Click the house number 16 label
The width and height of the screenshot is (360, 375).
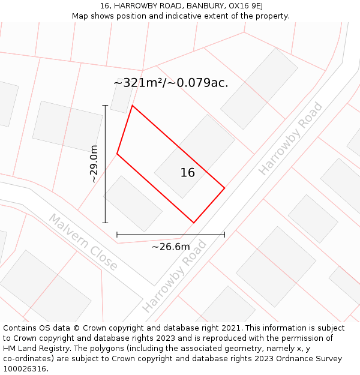[188, 173]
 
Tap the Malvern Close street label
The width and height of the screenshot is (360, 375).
[83, 242]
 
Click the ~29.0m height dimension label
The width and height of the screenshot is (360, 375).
[94, 164]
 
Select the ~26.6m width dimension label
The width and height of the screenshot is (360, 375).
[170, 247]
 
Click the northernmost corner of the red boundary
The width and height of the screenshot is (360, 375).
[132, 106]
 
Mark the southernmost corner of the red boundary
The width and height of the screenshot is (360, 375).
[194, 223]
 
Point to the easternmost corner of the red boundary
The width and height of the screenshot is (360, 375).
[224, 188]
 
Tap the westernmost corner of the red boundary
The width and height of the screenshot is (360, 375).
[117, 154]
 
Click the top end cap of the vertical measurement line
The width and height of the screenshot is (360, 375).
[105, 106]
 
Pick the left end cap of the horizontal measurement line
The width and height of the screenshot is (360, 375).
[117, 235]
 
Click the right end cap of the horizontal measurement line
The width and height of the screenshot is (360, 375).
[224, 235]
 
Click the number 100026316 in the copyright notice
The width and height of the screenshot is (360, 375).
[25, 369]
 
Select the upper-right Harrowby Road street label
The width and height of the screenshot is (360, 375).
[290, 139]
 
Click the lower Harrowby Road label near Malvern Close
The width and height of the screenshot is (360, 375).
[174, 277]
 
